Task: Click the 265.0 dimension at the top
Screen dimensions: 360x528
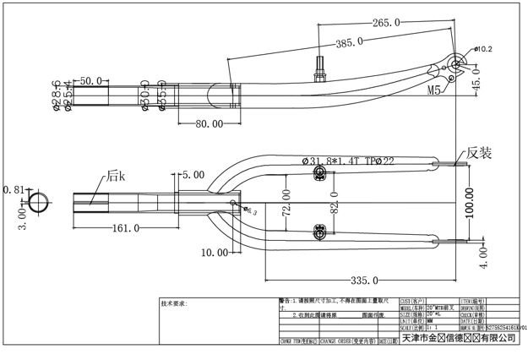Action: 384,23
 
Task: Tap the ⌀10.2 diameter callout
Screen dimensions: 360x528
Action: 482,49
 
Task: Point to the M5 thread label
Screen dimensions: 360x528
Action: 435,88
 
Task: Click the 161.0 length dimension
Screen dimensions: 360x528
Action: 126,228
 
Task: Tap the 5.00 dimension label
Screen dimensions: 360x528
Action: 194,174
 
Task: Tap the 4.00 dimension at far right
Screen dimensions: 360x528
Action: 484,258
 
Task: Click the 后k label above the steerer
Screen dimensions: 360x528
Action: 116,177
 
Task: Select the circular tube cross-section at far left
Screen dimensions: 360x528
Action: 37,202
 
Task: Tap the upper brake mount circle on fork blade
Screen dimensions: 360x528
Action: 320,173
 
